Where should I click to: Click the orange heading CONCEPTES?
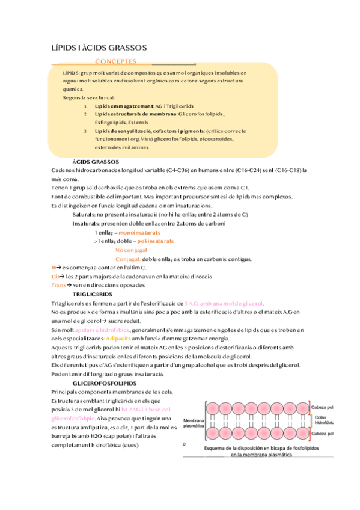(115, 62)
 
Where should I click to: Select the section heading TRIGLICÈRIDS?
(92, 295)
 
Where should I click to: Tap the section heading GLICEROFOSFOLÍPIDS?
(104, 383)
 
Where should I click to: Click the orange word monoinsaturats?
(139, 232)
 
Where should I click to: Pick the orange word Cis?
(56, 276)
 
